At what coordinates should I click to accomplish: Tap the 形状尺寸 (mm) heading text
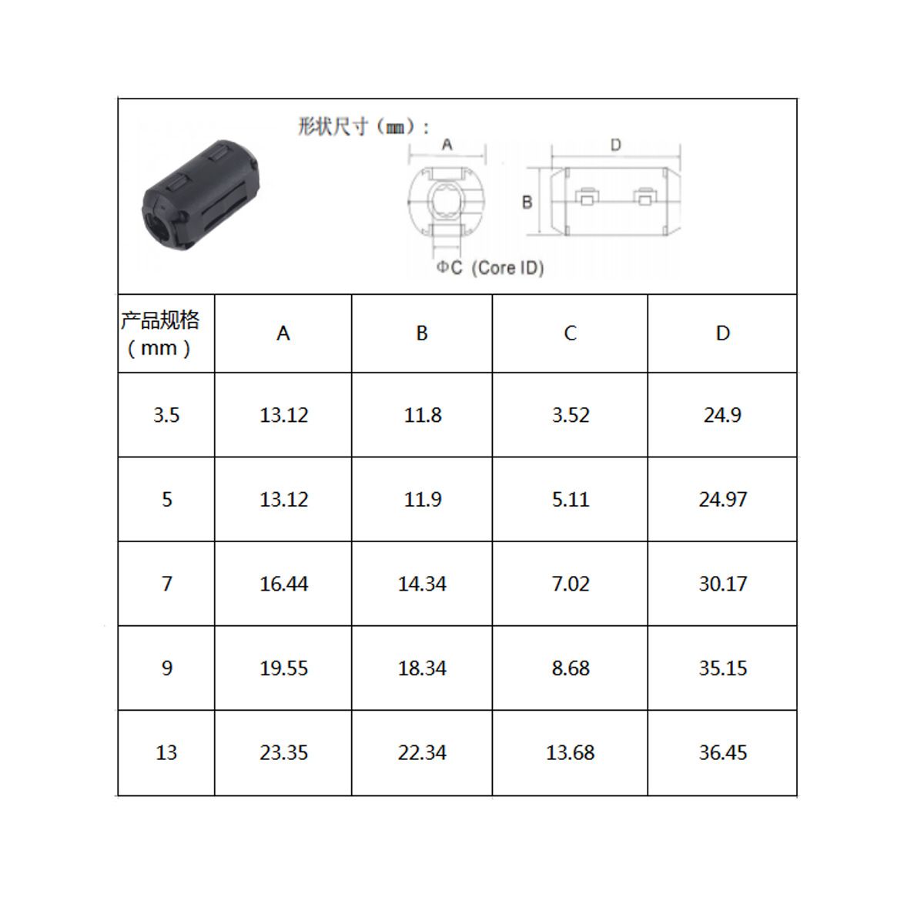(x=363, y=127)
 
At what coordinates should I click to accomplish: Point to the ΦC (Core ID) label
(x=490, y=267)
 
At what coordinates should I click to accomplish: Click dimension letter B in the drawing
(x=527, y=203)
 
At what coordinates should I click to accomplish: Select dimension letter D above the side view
(x=616, y=145)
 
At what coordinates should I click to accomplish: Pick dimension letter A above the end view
(x=447, y=144)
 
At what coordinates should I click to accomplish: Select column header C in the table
(x=570, y=333)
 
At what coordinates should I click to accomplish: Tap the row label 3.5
(x=166, y=415)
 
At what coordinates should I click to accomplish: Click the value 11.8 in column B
(x=423, y=415)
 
